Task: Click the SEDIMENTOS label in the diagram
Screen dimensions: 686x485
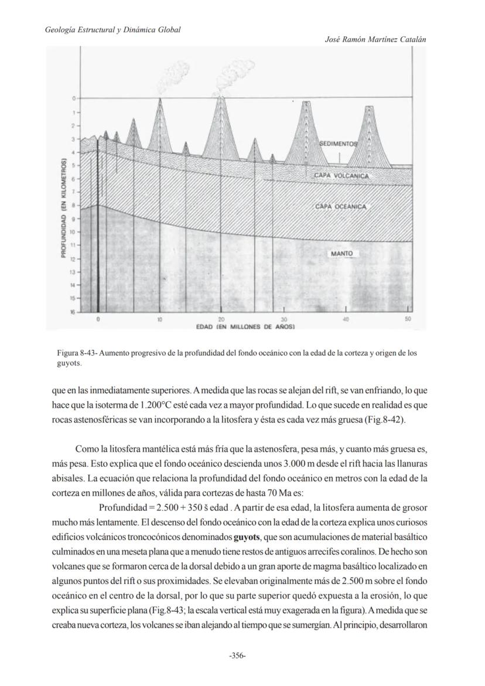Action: click(338, 144)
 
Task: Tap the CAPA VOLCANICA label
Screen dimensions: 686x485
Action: click(341, 175)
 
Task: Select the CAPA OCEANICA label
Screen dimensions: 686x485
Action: click(340, 207)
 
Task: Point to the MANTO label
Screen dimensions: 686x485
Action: click(341, 254)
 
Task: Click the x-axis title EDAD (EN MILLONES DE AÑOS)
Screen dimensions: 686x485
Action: click(245, 326)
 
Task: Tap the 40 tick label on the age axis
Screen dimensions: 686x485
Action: click(346, 319)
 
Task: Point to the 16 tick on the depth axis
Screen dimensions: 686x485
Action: click(74, 312)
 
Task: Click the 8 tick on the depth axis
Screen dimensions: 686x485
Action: click(74, 206)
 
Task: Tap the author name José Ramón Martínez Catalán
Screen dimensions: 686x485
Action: click(375, 39)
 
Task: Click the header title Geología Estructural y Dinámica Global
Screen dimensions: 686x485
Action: click(112, 29)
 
